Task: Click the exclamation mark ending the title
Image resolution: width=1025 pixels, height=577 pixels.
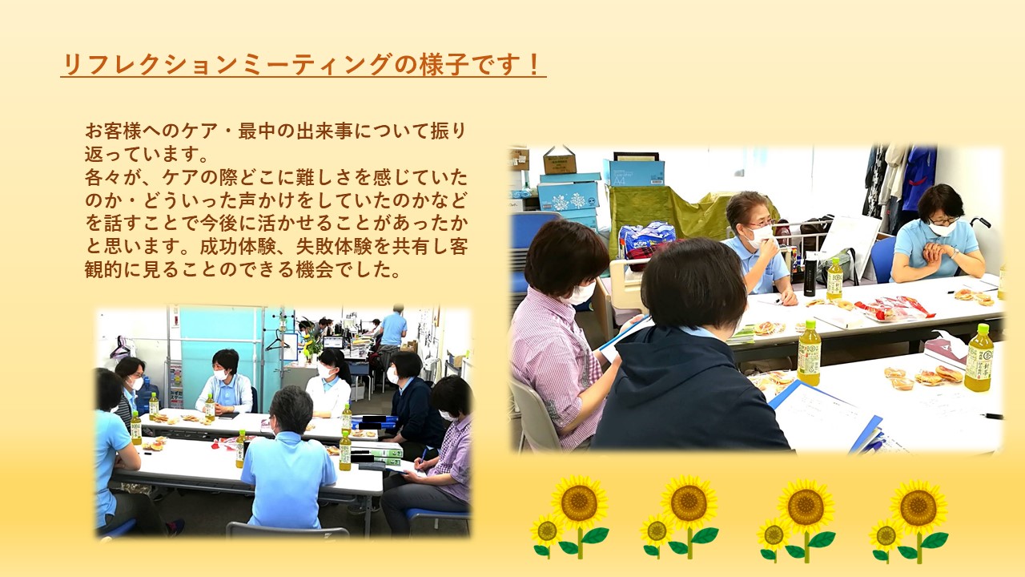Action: (x=533, y=64)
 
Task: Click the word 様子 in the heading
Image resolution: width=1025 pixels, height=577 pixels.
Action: (x=444, y=64)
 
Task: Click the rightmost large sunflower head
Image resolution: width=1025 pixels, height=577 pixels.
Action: (x=918, y=507)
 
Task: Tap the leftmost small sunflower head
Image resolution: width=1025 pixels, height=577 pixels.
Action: (x=546, y=531)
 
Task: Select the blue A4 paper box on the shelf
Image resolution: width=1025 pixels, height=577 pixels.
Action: (x=636, y=172)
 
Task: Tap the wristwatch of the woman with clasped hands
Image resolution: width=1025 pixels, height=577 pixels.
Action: (x=955, y=253)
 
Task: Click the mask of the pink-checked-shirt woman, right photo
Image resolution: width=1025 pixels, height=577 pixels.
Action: (x=580, y=293)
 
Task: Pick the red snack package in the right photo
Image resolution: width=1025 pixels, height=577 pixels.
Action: (x=892, y=308)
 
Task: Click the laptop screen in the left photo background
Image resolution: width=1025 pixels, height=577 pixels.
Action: (x=332, y=342)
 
